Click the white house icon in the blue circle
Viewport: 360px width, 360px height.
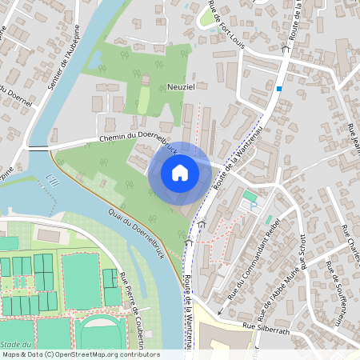coord(180,171)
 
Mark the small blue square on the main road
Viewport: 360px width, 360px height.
coord(278,88)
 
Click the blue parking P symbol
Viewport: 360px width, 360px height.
coord(254,206)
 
